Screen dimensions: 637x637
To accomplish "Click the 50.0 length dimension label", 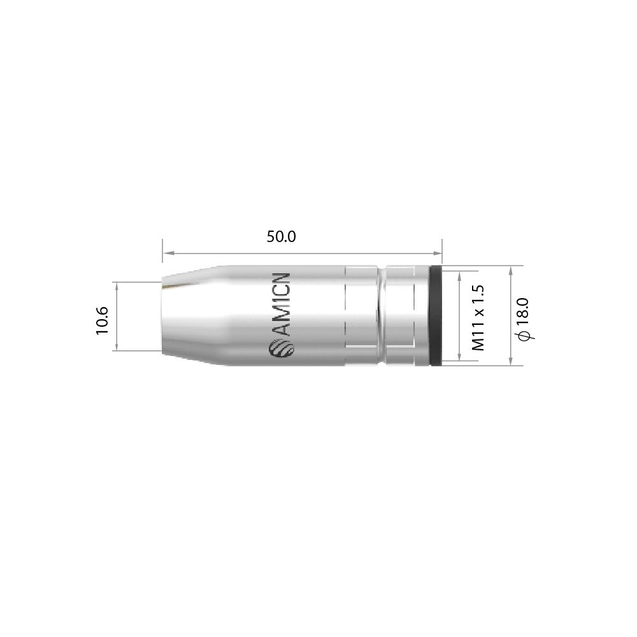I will click(281, 237).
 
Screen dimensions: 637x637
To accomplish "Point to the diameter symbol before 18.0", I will click(524, 335).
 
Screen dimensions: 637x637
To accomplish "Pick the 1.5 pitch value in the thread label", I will click(479, 295).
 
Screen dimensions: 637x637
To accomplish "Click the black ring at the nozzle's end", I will click(436, 316).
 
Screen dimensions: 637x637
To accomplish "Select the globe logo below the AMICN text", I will click(281, 348).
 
